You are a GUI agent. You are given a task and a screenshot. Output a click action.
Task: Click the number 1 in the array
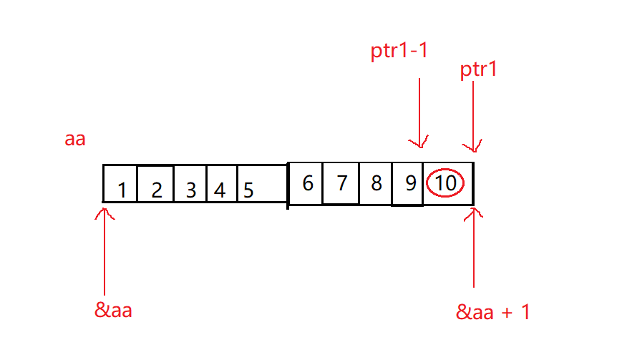click(x=122, y=190)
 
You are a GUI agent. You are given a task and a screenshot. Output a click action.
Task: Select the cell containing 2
click(x=157, y=190)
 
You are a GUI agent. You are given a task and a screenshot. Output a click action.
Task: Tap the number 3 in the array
click(x=190, y=190)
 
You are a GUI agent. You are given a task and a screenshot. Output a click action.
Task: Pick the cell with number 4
click(x=220, y=190)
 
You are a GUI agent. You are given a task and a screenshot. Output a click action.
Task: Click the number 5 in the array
click(x=248, y=190)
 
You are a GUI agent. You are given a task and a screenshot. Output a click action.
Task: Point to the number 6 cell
click(x=308, y=183)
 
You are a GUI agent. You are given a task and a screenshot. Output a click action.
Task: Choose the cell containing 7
click(x=341, y=183)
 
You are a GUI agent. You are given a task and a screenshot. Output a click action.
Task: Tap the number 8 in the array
click(x=376, y=183)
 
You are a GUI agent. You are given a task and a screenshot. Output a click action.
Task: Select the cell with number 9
click(x=410, y=183)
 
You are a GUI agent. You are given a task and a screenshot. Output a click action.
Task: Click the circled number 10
click(x=445, y=183)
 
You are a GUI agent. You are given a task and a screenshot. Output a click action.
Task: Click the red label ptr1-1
click(x=399, y=53)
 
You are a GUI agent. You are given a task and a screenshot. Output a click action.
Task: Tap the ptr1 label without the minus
click(x=479, y=70)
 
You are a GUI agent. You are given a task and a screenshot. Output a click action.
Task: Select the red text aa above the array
click(x=75, y=139)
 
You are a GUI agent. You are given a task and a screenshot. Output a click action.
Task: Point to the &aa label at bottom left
click(x=114, y=311)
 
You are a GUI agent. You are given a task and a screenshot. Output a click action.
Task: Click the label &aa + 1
click(x=493, y=312)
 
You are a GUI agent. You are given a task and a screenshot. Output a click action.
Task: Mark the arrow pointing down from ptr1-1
click(x=419, y=111)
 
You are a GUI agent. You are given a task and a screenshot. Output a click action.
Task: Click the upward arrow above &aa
click(x=105, y=250)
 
